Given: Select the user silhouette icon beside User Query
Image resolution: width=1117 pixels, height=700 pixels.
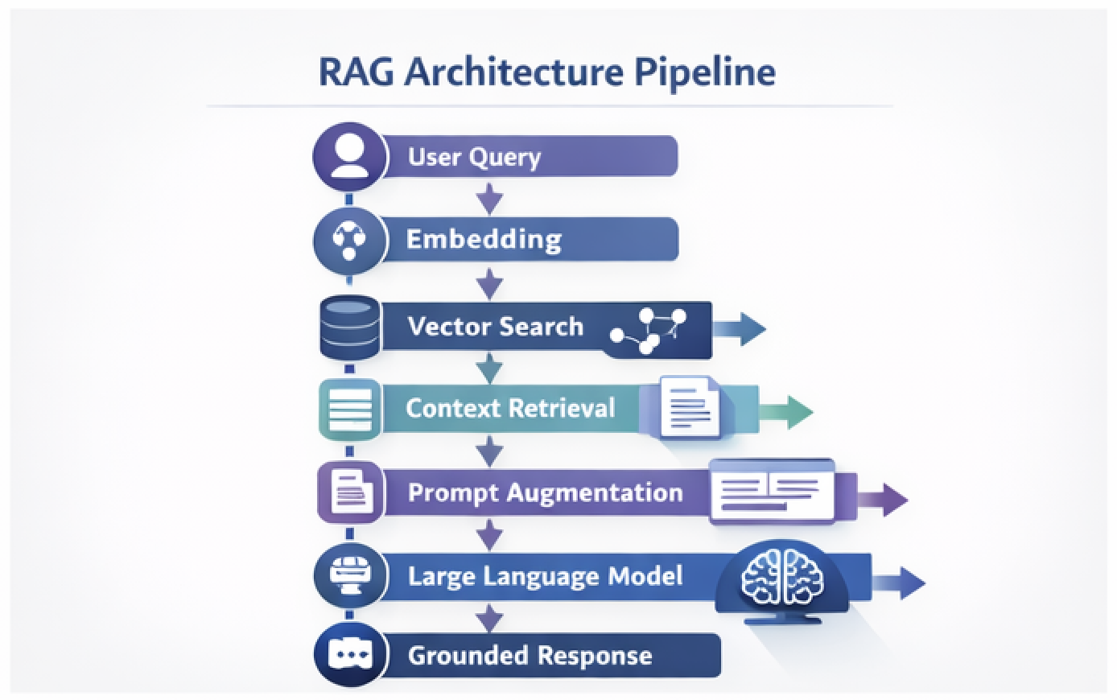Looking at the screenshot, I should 348,155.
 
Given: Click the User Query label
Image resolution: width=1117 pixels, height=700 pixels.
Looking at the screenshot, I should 474,156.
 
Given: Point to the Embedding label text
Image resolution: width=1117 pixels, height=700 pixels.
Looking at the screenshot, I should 483,239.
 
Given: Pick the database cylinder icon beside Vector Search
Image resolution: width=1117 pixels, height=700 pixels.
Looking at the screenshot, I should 348,327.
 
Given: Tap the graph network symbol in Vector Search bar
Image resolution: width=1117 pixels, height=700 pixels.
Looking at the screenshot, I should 649,330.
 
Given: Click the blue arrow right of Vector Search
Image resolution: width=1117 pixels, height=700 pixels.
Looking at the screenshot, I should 740,329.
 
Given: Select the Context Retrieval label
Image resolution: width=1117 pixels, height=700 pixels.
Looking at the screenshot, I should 509,408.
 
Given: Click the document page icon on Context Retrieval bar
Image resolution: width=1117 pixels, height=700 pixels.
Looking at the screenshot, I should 690,407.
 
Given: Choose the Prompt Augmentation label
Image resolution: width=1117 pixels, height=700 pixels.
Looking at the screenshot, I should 545,492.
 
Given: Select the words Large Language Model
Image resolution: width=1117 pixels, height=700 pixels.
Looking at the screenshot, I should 545,576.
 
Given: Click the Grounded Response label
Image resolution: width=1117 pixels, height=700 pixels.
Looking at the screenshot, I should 530,655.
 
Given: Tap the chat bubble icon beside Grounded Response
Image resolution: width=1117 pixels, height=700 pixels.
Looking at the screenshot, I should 348,655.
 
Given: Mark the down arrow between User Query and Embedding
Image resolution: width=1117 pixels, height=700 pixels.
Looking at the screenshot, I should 489,198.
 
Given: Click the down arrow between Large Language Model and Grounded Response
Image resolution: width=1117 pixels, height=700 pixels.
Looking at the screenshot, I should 489,618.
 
